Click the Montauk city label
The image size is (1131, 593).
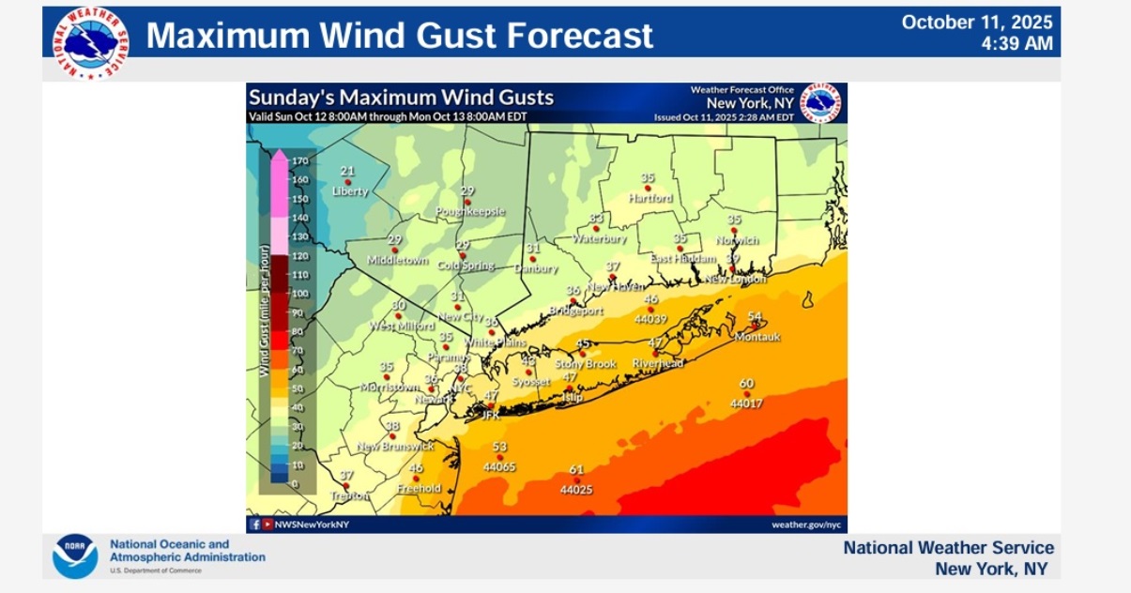tap(757, 337)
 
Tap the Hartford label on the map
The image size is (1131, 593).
tap(650, 198)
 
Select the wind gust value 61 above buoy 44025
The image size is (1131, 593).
tap(576, 470)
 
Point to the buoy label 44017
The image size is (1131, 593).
tap(747, 403)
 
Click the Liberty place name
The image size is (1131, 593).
tap(350, 191)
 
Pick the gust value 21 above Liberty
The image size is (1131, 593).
tap(347, 171)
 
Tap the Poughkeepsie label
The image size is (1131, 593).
tap(470, 211)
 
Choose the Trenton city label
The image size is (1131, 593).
tap(350, 495)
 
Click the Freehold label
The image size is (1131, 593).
tap(419, 488)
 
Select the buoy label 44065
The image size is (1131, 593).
tap(499, 466)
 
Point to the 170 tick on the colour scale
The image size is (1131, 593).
tap(300, 161)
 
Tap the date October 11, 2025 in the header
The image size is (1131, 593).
tap(977, 23)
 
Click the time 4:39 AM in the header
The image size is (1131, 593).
tap(1017, 44)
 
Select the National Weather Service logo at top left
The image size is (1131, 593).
tap(91, 42)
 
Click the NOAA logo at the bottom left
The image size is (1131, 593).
tap(75, 556)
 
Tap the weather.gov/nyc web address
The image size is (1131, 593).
tap(806, 524)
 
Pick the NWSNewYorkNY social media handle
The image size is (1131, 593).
tap(312, 524)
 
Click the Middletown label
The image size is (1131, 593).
tap(397, 260)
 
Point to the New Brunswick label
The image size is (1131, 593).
tap(395, 446)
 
